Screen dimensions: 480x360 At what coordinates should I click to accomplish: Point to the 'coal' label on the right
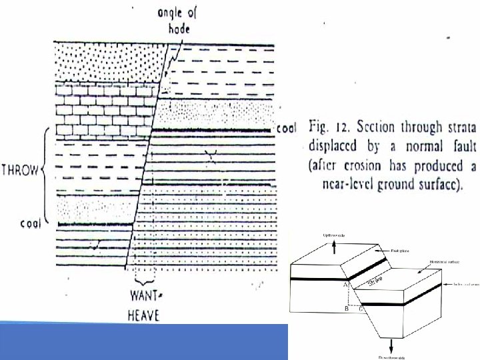(x=286, y=128)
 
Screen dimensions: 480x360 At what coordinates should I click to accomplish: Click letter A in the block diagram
(x=346, y=285)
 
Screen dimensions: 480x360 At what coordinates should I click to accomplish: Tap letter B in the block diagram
(x=346, y=309)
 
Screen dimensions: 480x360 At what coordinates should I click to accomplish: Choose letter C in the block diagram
(x=361, y=309)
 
